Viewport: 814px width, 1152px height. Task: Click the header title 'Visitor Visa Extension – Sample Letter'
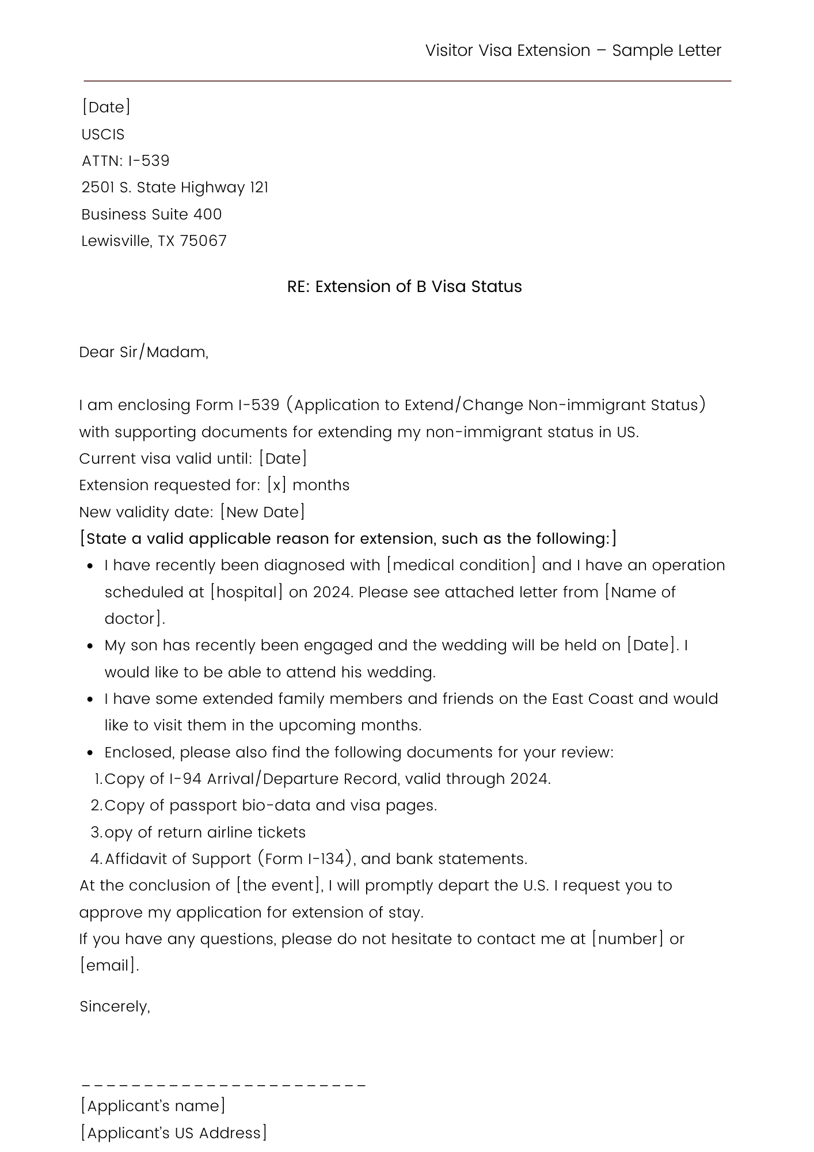[x=573, y=51]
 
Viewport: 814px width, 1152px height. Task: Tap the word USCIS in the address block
[x=103, y=134]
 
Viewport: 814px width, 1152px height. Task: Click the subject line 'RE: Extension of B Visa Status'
[x=404, y=286]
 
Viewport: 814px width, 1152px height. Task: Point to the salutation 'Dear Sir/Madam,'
[x=144, y=352]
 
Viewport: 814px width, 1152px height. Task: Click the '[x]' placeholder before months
[x=276, y=485]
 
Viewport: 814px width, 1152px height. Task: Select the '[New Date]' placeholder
[x=263, y=512]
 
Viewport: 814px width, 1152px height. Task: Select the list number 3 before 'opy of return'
[x=96, y=832]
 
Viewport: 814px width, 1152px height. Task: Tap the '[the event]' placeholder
[x=279, y=885]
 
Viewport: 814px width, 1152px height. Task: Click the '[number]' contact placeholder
[x=627, y=939]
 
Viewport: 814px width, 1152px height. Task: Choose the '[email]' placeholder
[x=108, y=965]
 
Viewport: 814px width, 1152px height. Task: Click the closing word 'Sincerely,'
[x=115, y=1006]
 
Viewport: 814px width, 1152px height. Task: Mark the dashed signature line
[x=223, y=1085]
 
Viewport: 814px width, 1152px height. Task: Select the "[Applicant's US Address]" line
[x=174, y=1133]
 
